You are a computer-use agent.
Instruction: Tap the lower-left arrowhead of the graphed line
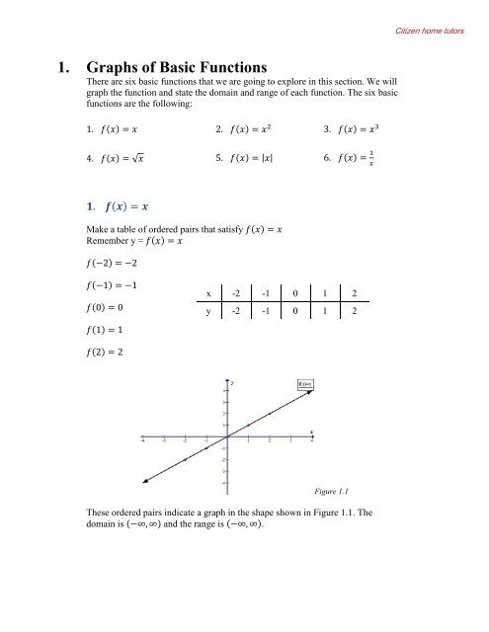[145, 481]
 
